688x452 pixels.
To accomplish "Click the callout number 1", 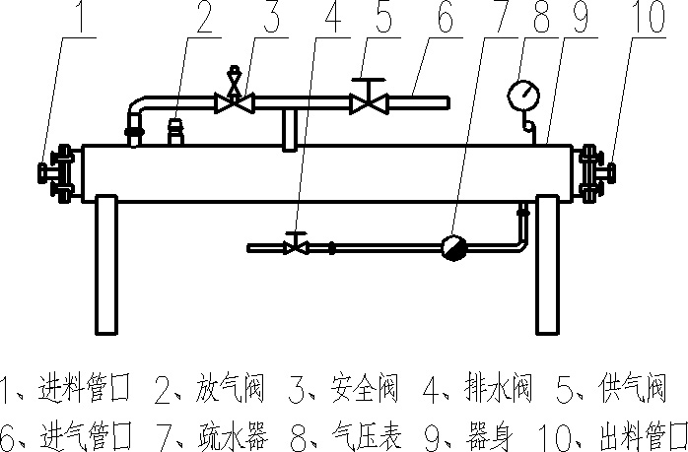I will (x=83, y=19).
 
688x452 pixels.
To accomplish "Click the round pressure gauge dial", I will (x=523, y=96).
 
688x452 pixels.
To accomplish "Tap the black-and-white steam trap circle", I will (x=454, y=247).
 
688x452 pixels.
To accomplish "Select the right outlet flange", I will (x=593, y=172).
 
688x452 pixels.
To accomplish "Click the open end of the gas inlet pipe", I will (x=447, y=101).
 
